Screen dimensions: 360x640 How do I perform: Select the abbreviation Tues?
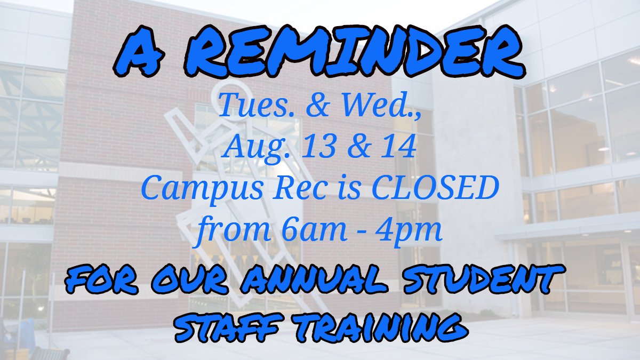[x=250, y=106]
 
